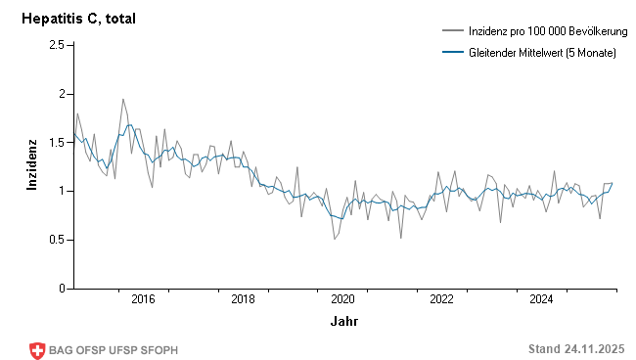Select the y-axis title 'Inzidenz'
click(x=31, y=166)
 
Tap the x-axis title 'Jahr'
click(x=343, y=320)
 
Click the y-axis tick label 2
click(x=60, y=94)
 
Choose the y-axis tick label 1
click(x=60, y=191)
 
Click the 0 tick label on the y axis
click(x=60, y=289)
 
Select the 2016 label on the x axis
click(x=143, y=299)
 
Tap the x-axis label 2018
click(x=243, y=299)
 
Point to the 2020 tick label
click(x=342, y=299)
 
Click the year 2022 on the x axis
click(x=442, y=299)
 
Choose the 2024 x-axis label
click(x=542, y=299)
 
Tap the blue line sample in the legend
click(x=452, y=52)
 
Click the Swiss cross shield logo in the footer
click(x=38, y=350)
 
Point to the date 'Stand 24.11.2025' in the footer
click(x=575, y=349)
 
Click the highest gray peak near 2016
click(x=123, y=99)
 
